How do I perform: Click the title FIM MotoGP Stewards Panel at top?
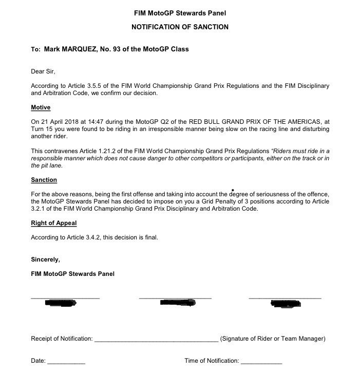coord(180,13)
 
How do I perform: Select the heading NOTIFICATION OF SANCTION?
coord(180,27)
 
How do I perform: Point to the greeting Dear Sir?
coord(43,71)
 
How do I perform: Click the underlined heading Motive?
coord(41,107)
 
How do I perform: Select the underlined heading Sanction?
coord(44,180)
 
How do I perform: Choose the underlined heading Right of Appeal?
coord(54,224)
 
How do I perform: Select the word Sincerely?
coord(45,259)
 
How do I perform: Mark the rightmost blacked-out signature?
coord(286,304)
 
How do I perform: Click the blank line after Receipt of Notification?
coord(156,340)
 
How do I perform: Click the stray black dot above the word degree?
coord(234,190)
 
